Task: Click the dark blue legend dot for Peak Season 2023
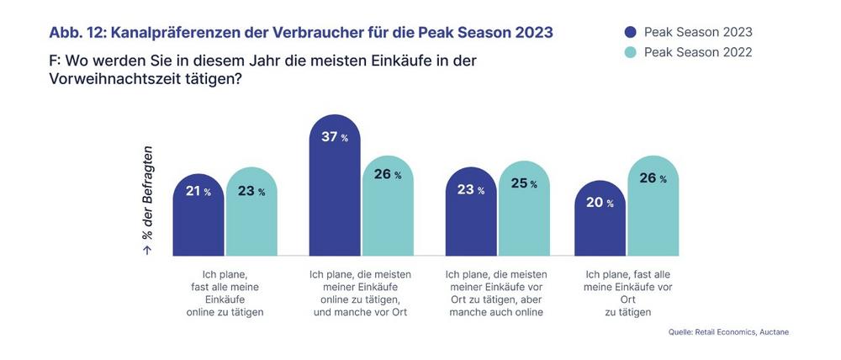click(x=631, y=33)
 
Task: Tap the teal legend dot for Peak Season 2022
click(x=631, y=52)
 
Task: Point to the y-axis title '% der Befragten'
click(x=147, y=198)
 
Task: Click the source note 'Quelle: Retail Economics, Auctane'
click(x=728, y=332)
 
